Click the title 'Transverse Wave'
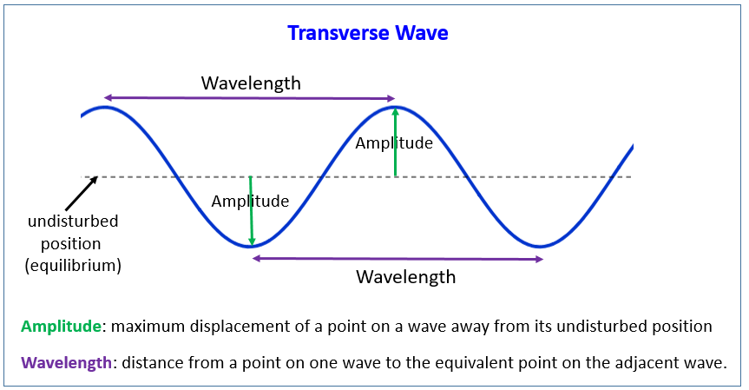click(368, 33)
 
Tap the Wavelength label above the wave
click(251, 83)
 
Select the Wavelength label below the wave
click(406, 277)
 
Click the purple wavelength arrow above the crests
click(249, 98)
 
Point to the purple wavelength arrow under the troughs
click(397, 259)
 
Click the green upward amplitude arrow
click(395, 142)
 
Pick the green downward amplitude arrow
click(251, 211)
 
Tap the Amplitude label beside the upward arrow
click(394, 143)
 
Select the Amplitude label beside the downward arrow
click(250, 202)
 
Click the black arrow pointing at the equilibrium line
click(82, 194)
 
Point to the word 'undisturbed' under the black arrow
click(73, 221)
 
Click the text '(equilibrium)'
click(73, 265)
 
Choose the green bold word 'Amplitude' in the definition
click(61, 327)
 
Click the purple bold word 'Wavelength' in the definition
click(67, 363)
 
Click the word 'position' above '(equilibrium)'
click(70, 244)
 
